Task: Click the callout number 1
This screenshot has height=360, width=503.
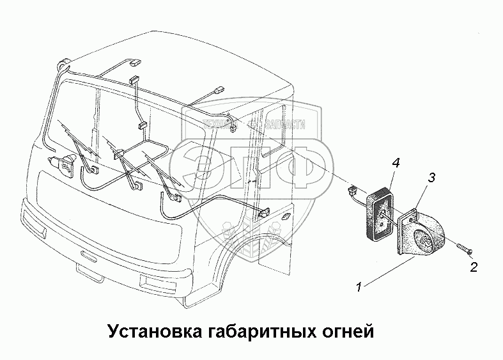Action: coord(360,288)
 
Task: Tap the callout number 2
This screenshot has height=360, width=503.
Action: coord(474,267)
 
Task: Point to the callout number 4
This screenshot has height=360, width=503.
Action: coord(396,164)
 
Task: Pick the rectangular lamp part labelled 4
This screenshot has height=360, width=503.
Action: coord(382,212)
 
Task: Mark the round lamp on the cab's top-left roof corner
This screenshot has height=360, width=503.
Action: coord(63,64)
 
